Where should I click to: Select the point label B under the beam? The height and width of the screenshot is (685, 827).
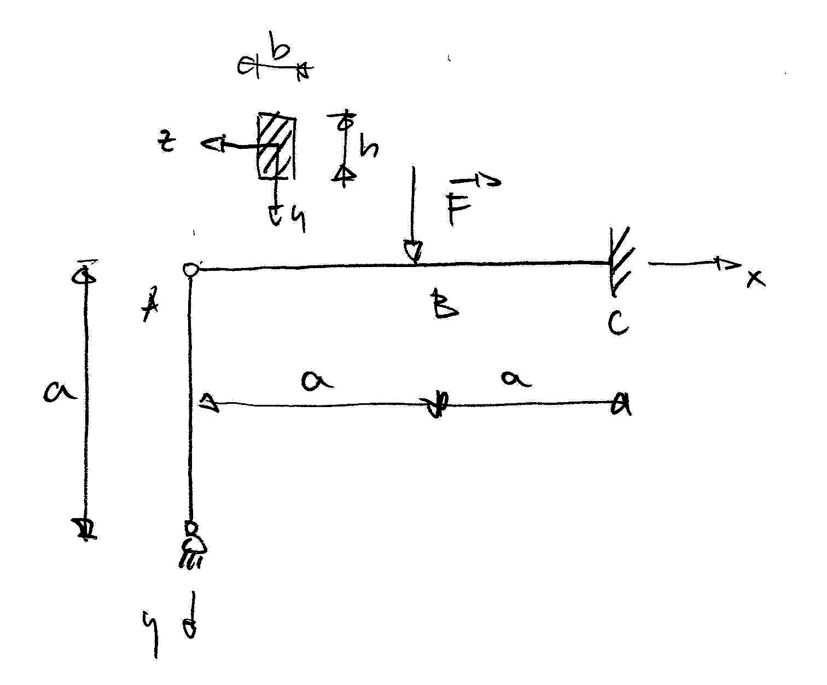point(444,305)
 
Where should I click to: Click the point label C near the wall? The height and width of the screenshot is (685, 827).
point(618,323)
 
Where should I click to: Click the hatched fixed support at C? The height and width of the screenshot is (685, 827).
point(621,262)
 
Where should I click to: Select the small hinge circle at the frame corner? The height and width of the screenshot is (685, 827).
point(191,270)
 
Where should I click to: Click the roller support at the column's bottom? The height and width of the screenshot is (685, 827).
point(191,544)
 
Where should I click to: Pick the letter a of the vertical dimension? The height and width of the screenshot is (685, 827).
point(59,392)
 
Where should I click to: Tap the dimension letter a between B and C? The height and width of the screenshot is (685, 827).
point(516,378)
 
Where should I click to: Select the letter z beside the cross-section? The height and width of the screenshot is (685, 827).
point(167,142)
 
